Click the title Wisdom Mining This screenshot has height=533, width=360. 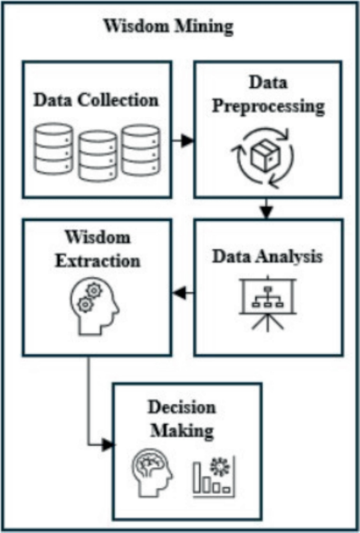(x=168, y=27)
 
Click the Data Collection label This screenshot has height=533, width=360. (x=96, y=100)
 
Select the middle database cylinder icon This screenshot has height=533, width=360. (x=98, y=156)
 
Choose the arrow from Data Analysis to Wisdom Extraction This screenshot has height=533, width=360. (x=182, y=294)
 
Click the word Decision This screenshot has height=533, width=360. (x=181, y=408)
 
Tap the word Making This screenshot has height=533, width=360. (x=182, y=431)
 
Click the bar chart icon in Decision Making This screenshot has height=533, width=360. (x=213, y=476)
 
